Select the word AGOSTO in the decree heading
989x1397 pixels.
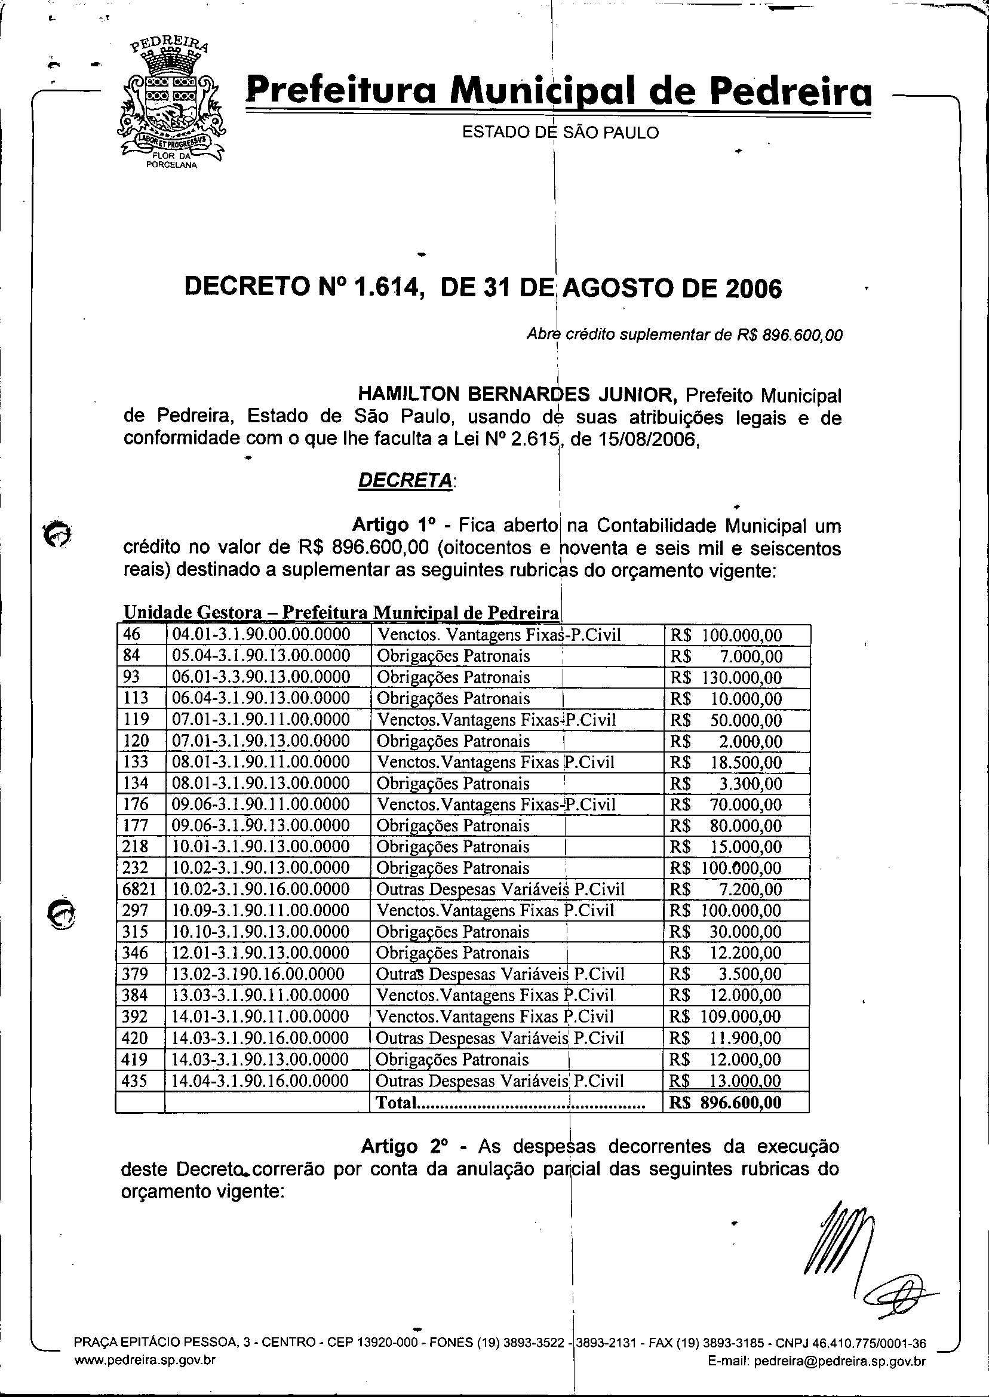[615, 287]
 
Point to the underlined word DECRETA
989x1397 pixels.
[404, 480]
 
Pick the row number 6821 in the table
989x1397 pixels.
[140, 889]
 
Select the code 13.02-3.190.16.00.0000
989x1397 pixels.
[258, 974]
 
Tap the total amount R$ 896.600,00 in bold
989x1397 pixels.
[725, 1103]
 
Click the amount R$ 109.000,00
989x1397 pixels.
[724, 1017]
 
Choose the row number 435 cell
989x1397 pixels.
[135, 1081]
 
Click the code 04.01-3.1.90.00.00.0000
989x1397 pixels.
[261, 634]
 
